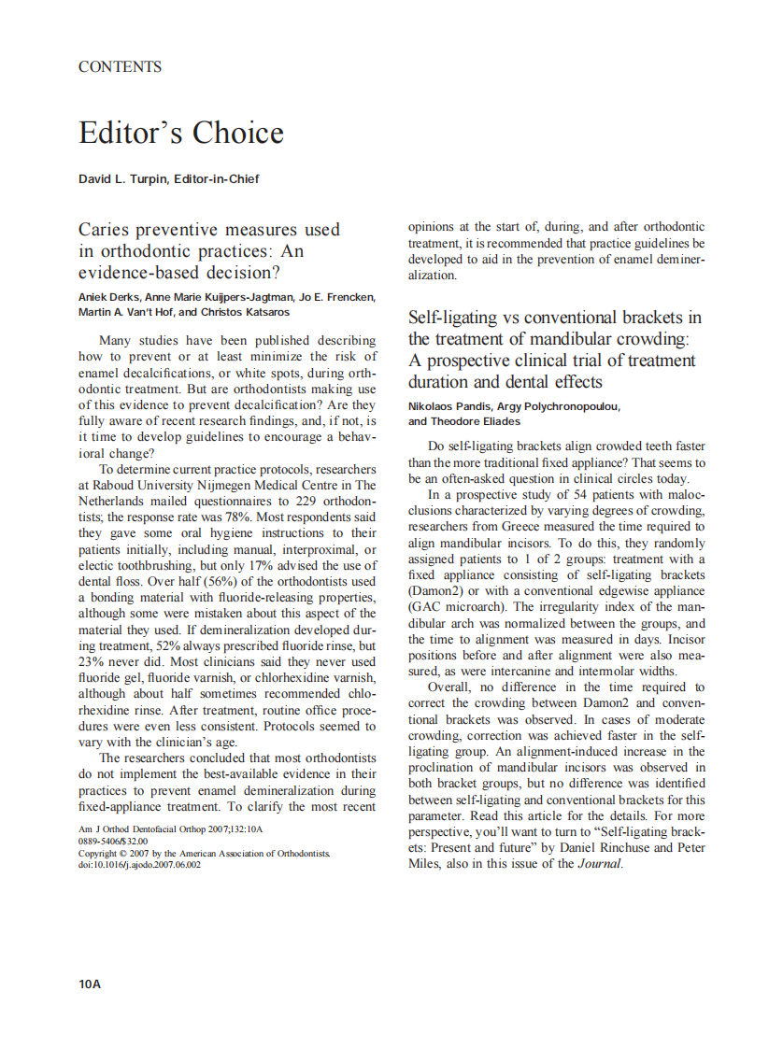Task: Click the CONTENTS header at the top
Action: pyautogui.click(x=120, y=67)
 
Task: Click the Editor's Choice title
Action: pyautogui.click(x=180, y=133)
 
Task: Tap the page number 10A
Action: pyautogui.click(x=90, y=984)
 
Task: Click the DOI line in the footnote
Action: pyautogui.click(x=139, y=865)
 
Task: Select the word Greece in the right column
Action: pyautogui.click(x=523, y=527)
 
